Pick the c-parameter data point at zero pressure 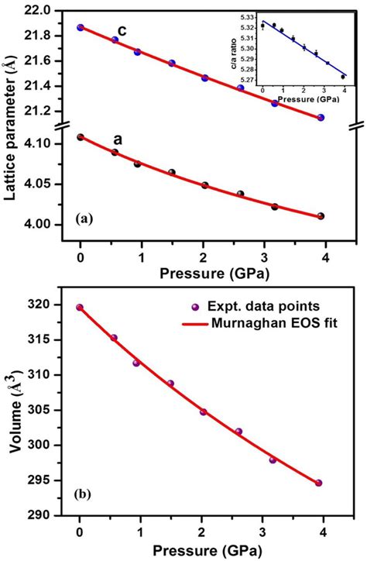click(x=81, y=27)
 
